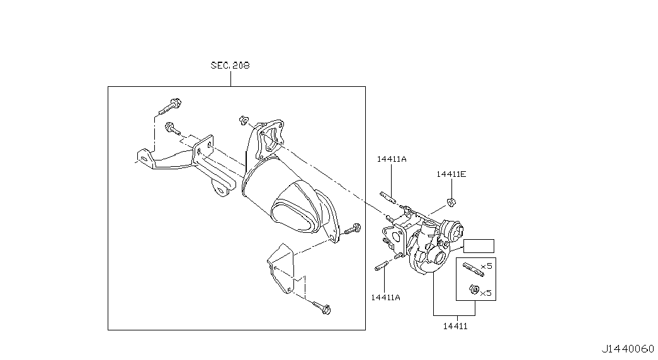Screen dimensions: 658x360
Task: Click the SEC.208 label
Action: click(x=230, y=65)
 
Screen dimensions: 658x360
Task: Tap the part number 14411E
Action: click(x=451, y=174)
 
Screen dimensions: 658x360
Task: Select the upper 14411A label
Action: click(x=392, y=159)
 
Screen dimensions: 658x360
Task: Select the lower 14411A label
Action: click(x=385, y=298)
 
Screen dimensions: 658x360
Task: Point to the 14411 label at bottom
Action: click(x=455, y=326)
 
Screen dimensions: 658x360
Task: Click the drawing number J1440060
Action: click(x=627, y=349)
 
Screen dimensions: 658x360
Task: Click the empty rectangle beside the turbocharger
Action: click(x=479, y=246)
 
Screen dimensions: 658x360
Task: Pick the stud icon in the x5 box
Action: click(x=474, y=269)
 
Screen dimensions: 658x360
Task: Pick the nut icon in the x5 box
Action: click(x=474, y=289)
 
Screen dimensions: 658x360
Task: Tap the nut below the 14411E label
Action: click(x=451, y=202)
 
